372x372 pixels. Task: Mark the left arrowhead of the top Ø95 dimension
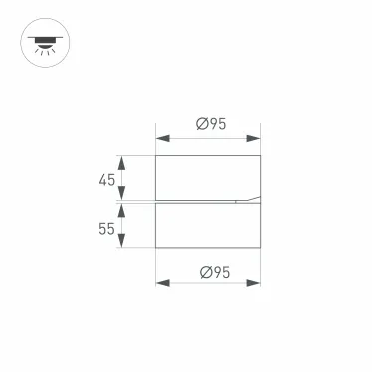pyautogui.click(x=160, y=138)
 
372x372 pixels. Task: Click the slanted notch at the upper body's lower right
pyautogui.click(x=245, y=198)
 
